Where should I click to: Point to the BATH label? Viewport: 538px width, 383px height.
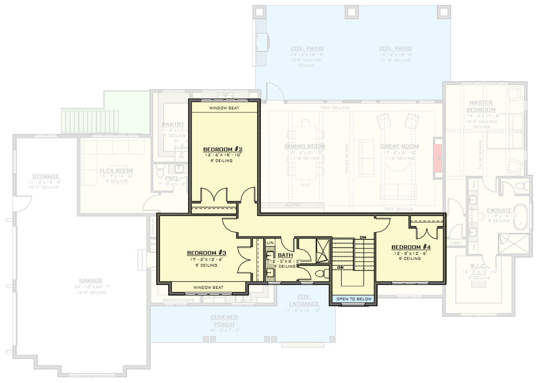(285, 255)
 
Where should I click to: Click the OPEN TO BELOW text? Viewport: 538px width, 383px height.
(354, 299)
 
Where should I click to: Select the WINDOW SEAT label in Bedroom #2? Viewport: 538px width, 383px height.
(224, 108)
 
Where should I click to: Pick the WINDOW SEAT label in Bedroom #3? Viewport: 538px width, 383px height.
(208, 288)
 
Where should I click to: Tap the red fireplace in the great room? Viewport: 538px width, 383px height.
(438, 158)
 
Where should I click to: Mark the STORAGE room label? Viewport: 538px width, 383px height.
(46, 176)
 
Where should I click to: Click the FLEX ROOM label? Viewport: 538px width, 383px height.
(116, 170)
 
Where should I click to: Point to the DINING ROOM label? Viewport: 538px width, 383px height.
(305, 146)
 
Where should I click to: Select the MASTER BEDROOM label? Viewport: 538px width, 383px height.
(481, 106)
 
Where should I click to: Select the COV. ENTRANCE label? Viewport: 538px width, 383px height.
(304, 300)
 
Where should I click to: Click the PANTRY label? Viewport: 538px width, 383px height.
(173, 124)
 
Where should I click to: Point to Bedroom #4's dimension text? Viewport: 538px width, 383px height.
(411, 253)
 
